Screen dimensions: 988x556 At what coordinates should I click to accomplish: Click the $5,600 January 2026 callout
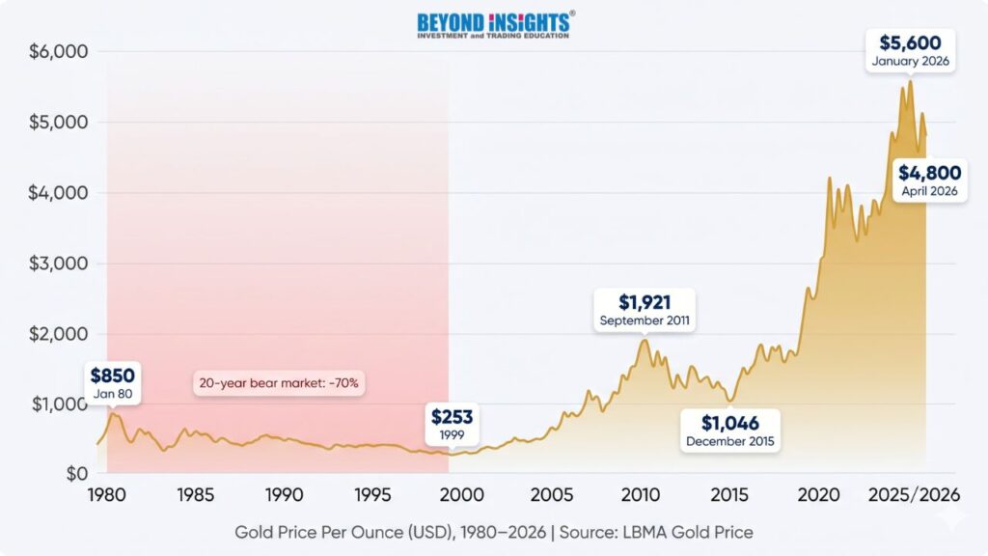click(911, 50)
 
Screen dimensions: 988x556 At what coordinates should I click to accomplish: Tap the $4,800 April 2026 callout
click(929, 181)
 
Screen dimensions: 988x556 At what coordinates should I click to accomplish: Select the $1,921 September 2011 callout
click(645, 310)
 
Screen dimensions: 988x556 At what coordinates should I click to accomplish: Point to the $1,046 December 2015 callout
click(730, 431)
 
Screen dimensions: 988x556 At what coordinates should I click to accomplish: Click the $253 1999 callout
click(452, 425)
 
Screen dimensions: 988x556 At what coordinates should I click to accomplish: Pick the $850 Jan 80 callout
click(113, 383)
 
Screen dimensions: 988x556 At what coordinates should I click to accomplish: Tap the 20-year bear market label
click(279, 382)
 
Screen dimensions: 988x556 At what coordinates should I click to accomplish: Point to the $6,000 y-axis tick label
click(59, 51)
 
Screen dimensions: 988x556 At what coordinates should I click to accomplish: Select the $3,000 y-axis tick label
click(59, 263)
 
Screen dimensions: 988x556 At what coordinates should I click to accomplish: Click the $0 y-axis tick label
click(77, 473)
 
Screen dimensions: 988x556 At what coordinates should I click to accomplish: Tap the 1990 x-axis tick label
click(285, 495)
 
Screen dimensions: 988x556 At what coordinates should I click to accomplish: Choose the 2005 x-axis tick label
click(551, 495)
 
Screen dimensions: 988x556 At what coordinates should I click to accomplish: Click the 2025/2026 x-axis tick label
click(915, 495)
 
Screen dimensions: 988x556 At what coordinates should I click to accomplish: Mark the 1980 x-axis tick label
click(106, 495)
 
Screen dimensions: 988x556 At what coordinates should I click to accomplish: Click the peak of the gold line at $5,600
click(910, 81)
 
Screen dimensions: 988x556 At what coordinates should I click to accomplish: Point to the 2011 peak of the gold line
click(644, 340)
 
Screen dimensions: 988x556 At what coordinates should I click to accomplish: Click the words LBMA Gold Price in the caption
click(688, 532)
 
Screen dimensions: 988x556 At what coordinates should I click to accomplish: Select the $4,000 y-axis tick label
click(59, 192)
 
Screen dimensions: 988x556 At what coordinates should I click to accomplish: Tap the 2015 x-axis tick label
click(729, 495)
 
